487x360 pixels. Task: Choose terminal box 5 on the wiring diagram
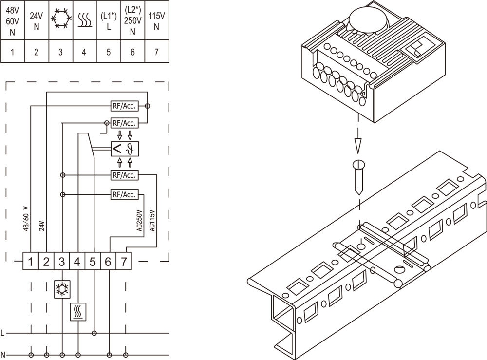tap(93, 262)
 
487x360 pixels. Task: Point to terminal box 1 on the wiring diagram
tap(31, 262)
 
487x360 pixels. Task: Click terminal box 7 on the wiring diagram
tap(124, 262)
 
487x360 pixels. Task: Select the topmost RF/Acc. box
tap(124, 106)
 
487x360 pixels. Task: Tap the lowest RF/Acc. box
tap(124, 195)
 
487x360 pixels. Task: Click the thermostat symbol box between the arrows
tap(124, 149)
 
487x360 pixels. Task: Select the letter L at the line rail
tap(3, 334)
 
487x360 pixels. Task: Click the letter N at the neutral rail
tap(3, 354)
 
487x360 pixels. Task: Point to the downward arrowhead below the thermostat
tap(358, 145)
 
